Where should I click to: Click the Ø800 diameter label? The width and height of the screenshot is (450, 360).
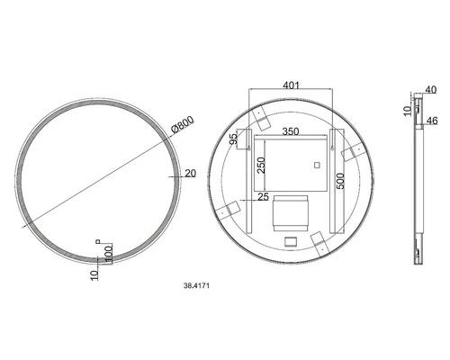pyautogui.click(x=184, y=128)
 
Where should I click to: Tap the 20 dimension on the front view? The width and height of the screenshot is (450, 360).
pyautogui.click(x=190, y=174)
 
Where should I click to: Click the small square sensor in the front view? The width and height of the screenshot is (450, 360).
pyautogui.click(x=99, y=240)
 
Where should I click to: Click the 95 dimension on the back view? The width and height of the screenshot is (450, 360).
pyautogui.click(x=233, y=139)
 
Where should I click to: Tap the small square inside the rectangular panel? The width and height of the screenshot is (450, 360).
pyautogui.click(x=317, y=165)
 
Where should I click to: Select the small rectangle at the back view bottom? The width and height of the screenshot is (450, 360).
pyautogui.click(x=289, y=240)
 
